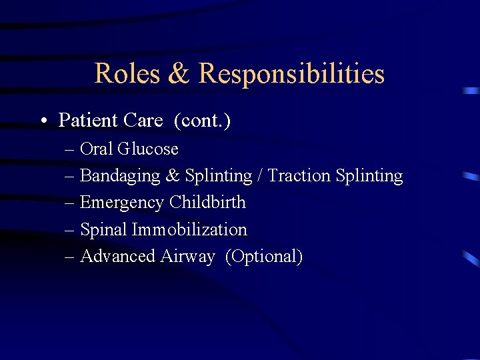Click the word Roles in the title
coord(127,73)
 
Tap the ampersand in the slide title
coord(179,73)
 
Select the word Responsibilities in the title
coord(291,73)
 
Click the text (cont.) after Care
coord(203,121)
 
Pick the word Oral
coord(97,149)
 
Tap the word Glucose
coord(148,149)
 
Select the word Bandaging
coord(120,176)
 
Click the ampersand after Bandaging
coord(173,176)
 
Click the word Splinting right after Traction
coord(369,176)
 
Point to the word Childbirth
coord(207,203)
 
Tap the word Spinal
coord(103,230)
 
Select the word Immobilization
coord(189,230)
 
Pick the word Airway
coord(187,257)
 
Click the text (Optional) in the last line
coord(264,257)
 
